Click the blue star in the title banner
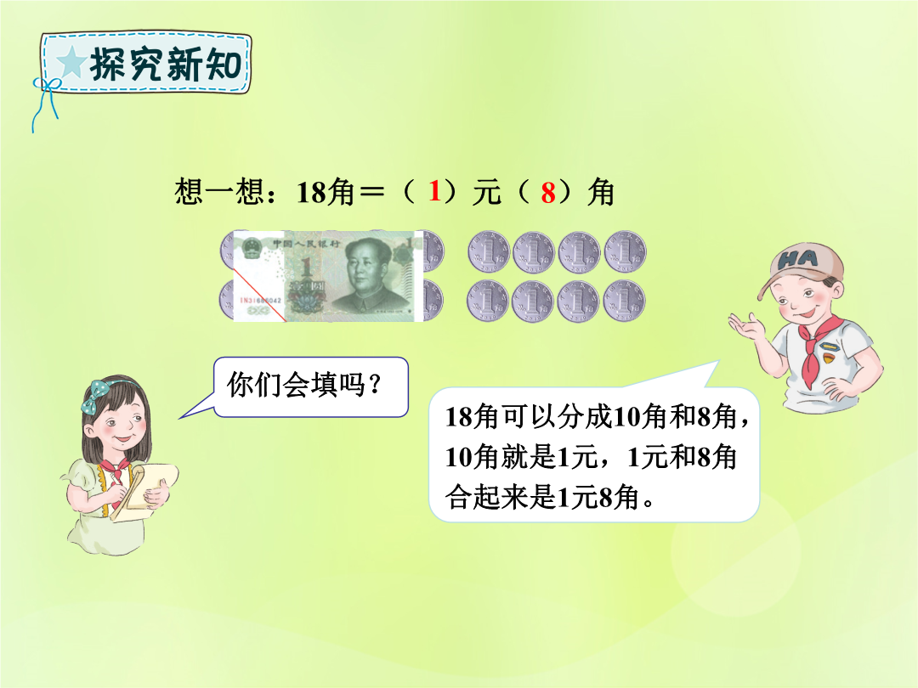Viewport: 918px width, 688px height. coord(71,62)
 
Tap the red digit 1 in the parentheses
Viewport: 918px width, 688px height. coord(433,191)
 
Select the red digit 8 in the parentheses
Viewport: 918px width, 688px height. coord(548,193)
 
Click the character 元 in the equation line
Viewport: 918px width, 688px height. coord(486,192)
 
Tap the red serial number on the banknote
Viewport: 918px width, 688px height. coord(261,301)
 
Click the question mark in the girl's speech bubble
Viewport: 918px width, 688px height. coord(376,385)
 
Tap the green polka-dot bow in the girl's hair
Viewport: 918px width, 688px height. coord(96,396)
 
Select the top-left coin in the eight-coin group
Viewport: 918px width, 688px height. coord(488,251)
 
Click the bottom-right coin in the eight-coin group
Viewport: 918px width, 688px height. coord(624,302)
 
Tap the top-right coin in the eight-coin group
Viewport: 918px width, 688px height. coord(626,251)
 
